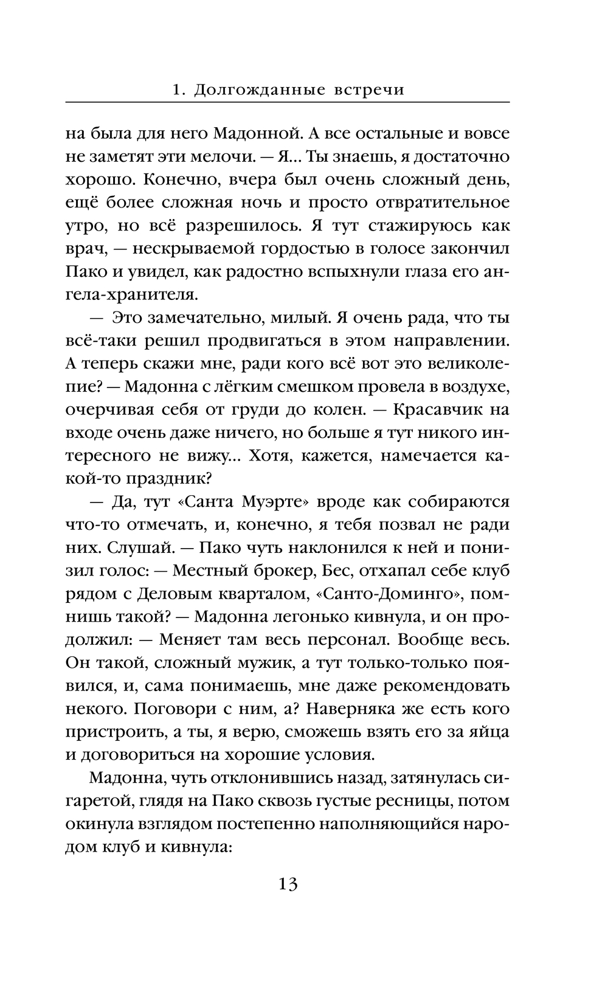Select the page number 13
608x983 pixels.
pos(288,884)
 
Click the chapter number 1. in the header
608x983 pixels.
pos(178,90)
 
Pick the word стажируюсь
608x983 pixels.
pos(400,226)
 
